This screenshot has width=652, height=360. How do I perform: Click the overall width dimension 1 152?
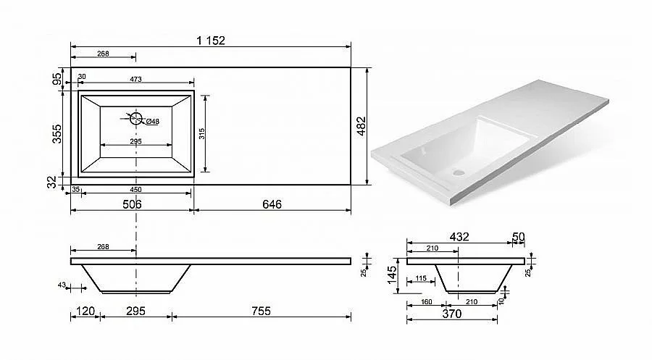tap(211, 41)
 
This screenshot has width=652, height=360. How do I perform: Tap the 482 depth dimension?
tap(361, 126)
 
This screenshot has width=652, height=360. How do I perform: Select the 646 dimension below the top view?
tap(272, 204)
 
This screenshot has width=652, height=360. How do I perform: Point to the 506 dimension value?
tap(132, 204)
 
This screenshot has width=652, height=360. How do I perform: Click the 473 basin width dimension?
tap(135, 79)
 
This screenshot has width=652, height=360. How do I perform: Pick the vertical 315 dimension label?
tap(202, 133)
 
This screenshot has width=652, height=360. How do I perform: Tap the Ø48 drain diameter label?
tap(153, 122)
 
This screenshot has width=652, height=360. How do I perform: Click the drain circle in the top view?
tap(136, 119)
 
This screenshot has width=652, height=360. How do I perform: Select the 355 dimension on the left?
tap(57, 133)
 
